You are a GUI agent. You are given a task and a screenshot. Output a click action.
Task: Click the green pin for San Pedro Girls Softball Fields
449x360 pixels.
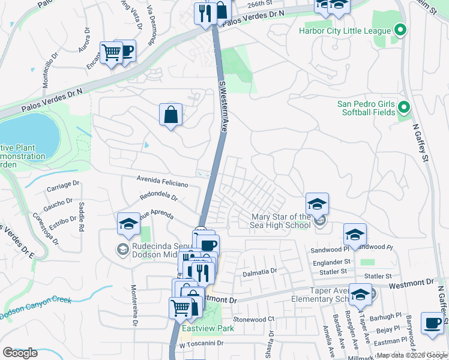pyautogui.click(x=404, y=108)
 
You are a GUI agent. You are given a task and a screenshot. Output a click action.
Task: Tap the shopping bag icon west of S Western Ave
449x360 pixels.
pyautogui.click(x=171, y=114)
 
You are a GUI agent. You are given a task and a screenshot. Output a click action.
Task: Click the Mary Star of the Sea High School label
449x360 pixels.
pyautogui.click(x=280, y=221)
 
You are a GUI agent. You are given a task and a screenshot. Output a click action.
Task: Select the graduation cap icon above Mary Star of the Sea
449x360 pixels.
pyautogui.click(x=317, y=203)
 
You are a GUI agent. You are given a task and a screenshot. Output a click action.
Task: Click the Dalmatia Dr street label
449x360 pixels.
pyautogui.click(x=259, y=271)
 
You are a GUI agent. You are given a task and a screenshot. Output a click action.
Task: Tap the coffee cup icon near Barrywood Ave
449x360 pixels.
pyautogui.click(x=432, y=322)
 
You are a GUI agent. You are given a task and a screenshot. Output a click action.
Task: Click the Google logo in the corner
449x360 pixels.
pyautogui.click(x=20, y=353)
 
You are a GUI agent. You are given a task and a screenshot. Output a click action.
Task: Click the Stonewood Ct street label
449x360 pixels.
pyautogui.click(x=253, y=319)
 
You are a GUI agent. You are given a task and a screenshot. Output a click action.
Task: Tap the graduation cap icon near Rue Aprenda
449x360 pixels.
pyautogui.click(x=128, y=224)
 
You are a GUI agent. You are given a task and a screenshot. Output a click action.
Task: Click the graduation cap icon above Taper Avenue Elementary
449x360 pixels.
pyautogui.click(x=360, y=294)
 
